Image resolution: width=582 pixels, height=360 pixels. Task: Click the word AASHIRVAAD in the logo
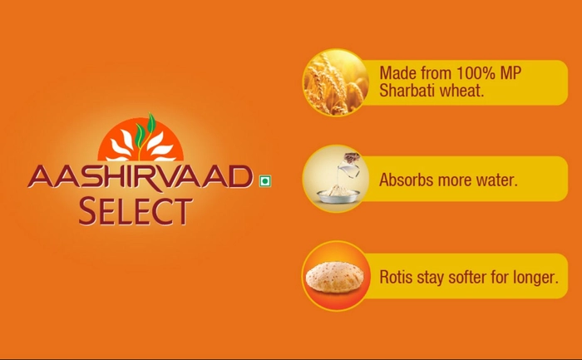click(x=141, y=176)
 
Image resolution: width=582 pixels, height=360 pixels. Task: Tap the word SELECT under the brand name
click(x=136, y=211)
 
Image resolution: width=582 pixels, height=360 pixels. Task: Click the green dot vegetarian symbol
click(x=265, y=181)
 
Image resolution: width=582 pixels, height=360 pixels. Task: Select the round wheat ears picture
click(x=336, y=82)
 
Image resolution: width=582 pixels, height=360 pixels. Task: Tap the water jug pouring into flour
click(x=349, y=166)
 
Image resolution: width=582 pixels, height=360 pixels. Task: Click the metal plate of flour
click(x=338, y=195)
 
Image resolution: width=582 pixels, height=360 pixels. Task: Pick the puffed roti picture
click(x=335, y=277)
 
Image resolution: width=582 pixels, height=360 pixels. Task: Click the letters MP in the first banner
click(x=510, y=72)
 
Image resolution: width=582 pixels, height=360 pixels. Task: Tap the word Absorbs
click(x=407, y=180)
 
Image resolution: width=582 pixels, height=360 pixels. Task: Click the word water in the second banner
click(x=496, y=180)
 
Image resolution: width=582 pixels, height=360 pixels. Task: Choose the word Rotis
click(x=396, y=277)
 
